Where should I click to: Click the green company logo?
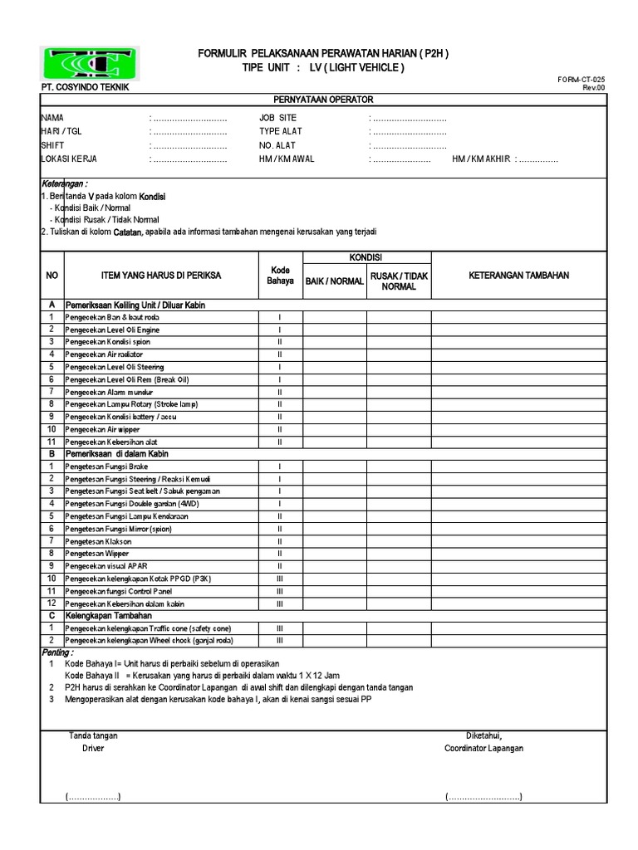coord(91,63)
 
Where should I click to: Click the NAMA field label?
coord(52,118)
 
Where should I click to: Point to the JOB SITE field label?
coord(277,118)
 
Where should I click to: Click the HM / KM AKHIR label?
coord(482,159)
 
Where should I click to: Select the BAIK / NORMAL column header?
coord(335,281)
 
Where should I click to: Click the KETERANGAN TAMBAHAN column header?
coord(519,275)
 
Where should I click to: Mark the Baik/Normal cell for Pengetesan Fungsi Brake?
coord(335,467)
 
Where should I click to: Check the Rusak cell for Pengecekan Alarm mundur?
coord(399,392)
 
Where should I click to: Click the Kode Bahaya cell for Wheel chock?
coord(279,641)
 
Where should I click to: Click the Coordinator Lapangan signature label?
coord(483,748)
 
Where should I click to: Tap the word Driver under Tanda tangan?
coord(93,748)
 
